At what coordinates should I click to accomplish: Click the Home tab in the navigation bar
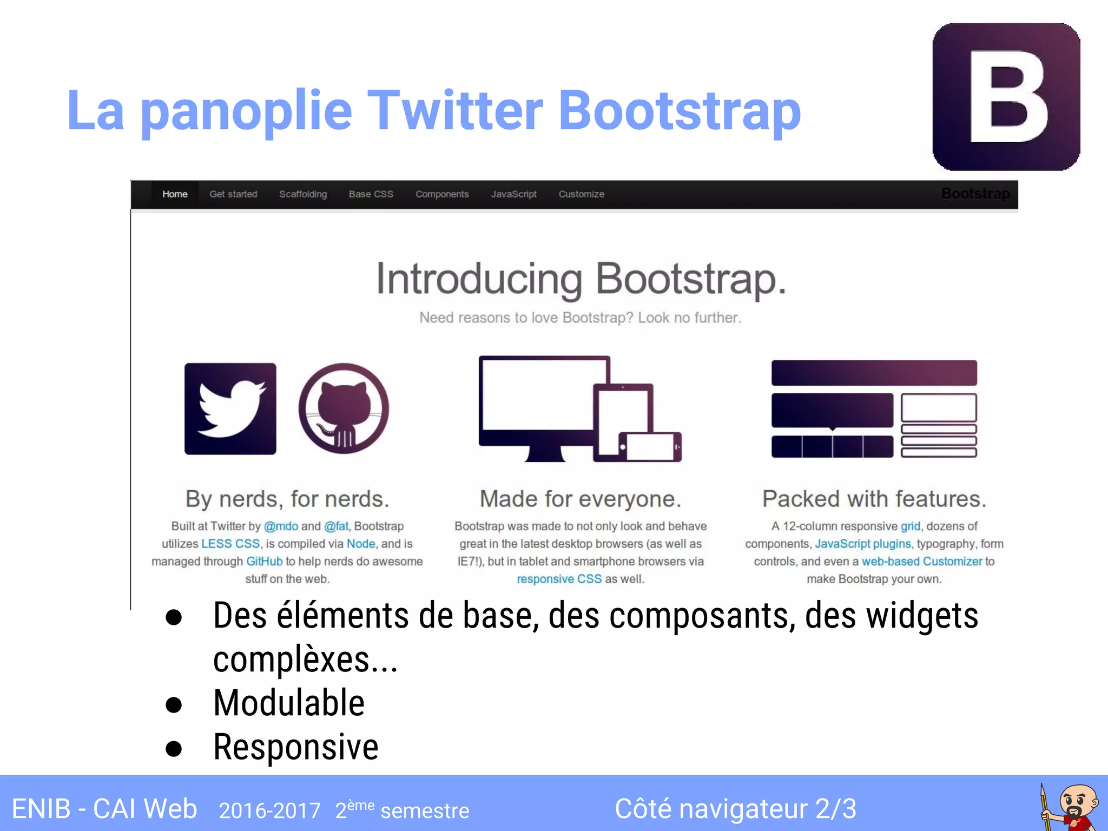pyautogui.click(x=175, y=194)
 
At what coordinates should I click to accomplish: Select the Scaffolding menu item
pyautogui.click(x=302, y=194)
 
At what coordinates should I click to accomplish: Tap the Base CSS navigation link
pyautogui.click(x=371, y=194)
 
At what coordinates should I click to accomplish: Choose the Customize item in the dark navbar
pyautogui.click(x=581, y=194)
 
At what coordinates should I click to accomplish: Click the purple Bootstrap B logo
pyautogui.click(x=1006, y=97)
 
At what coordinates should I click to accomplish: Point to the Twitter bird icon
pyautogui.click(x=230, y=409)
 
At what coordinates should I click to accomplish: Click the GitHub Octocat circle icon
pyautogui.click(x=344, y=409)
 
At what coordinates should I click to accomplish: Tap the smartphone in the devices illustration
pyautogui.click(x=650, y=447)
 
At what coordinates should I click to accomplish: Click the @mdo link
pyautogui.click(x=281, y=526)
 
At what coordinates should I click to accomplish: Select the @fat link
pyautogui.click(x=336, y=526)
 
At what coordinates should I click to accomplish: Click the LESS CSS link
pyautogui.click(x=230, y=544)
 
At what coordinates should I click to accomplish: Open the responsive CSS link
pyautogui.click(x=559, y=579)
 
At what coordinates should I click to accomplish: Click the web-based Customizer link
pyautogui.click(x=921, y=562)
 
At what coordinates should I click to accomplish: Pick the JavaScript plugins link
pyautogui.click(x=862, y=544)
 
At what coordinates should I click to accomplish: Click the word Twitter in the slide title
pyautogui.click(x=455, y=111)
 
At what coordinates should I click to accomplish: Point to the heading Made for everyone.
pyautogui.click(x=580, y=499)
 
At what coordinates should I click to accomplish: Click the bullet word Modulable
pyautogui.click(x=289, y=703)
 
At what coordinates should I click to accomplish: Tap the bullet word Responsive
pyautogui.click(x=295, y=747)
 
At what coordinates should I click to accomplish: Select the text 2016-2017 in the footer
pyautogui.click(x=269, y=810)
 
